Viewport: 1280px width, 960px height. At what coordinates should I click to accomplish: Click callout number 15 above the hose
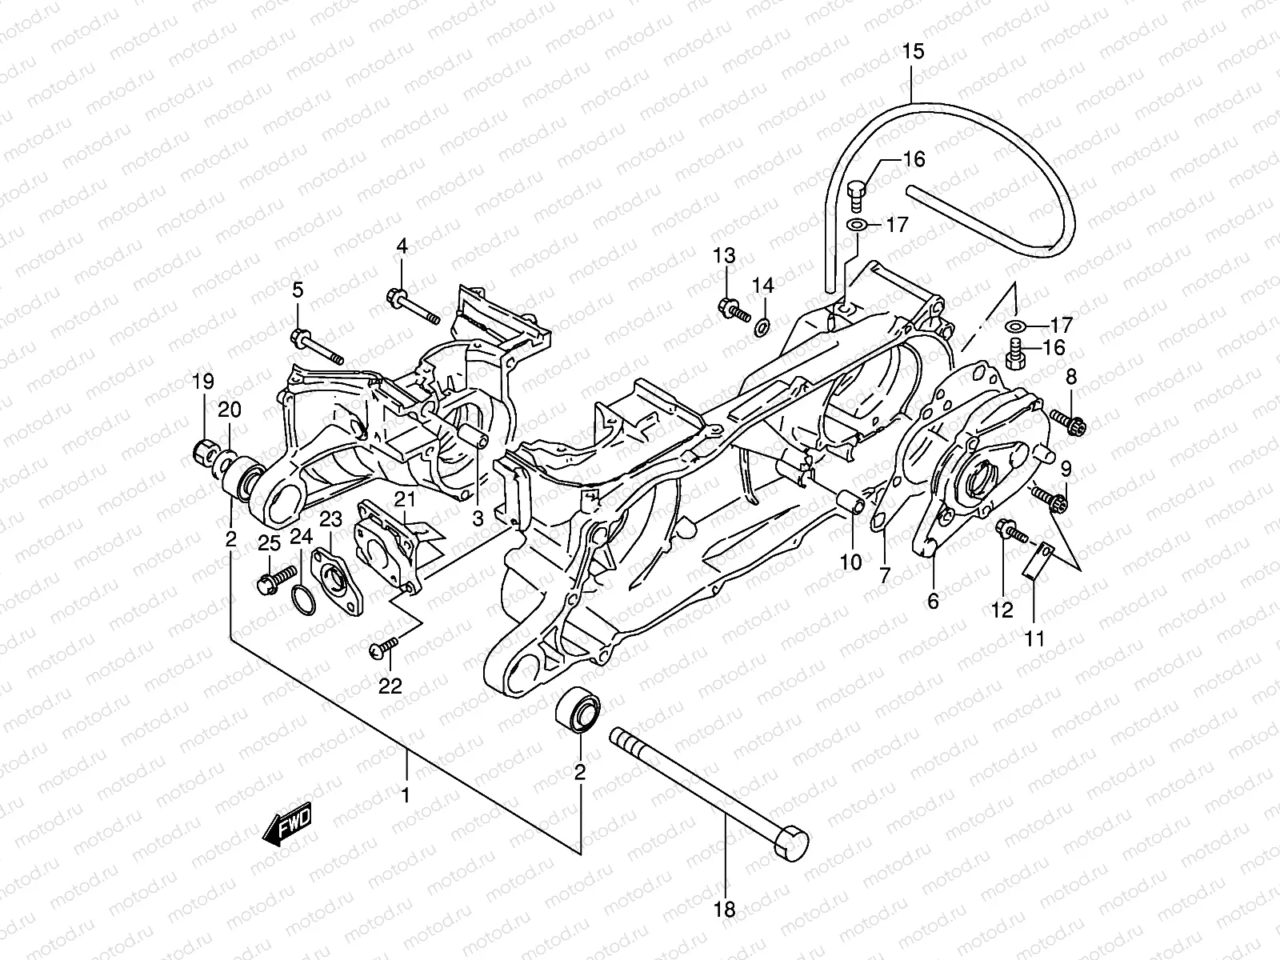[913, 53]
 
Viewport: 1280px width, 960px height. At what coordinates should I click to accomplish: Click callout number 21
[405, 500]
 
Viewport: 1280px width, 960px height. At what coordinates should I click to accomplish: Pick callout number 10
[850, 562]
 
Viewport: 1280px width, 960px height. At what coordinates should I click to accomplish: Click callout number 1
[406, 796]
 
